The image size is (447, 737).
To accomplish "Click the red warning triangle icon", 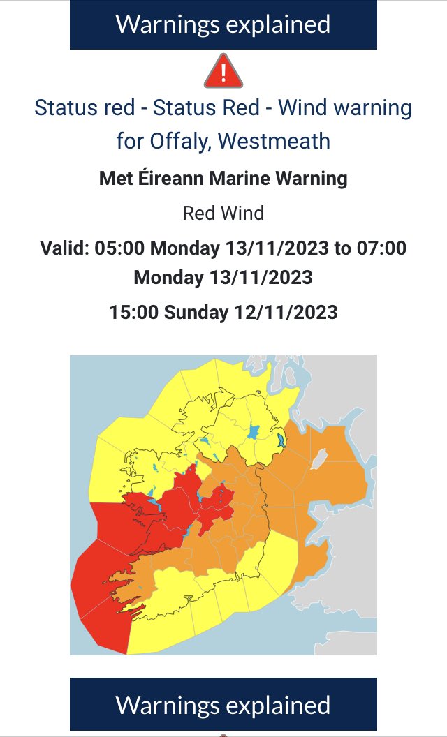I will (x=223, y=71).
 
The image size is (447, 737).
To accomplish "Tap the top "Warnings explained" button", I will (x=223, y=24).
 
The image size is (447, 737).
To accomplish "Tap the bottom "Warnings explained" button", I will (x=223, y=705).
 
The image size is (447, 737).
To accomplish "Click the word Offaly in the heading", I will (x=180, y=141).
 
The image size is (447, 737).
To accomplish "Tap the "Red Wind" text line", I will (x=223, y=213).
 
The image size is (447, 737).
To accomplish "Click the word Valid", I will (x=64, y=248).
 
